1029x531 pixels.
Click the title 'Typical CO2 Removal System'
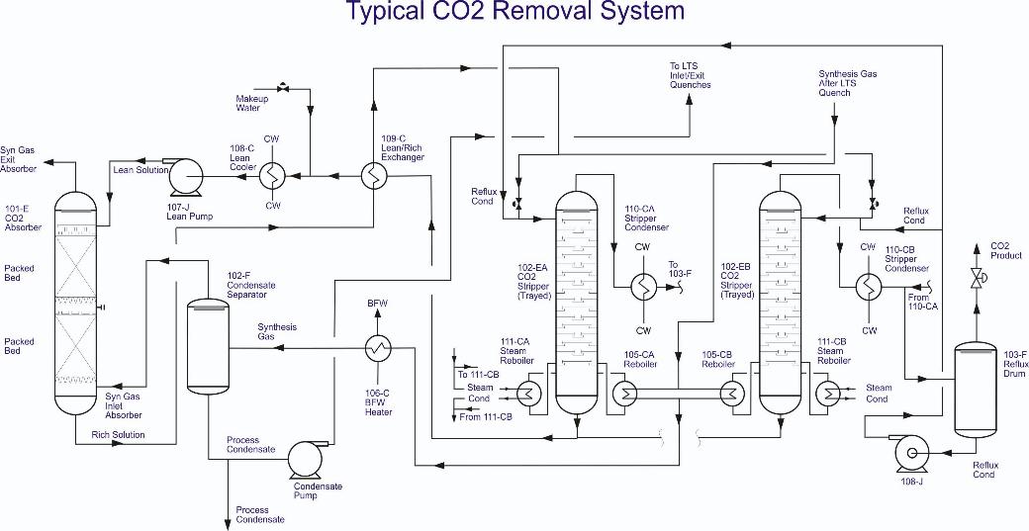(x=514, y=12)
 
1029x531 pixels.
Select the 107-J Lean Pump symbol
(x=184, y=178)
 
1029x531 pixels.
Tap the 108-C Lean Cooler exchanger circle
(x=272, y=176)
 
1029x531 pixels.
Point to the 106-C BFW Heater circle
(x=377, y=347)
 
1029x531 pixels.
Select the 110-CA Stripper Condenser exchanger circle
(x=643, y=287)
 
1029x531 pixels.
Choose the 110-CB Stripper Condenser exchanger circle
(x=869, y=285)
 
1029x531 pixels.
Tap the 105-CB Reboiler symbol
(x=731, y=394)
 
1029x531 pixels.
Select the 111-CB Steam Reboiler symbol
(x=827, y=394)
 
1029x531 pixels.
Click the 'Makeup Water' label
(x=250, y=103)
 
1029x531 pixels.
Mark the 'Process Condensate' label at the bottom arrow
(x=260, y=514)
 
